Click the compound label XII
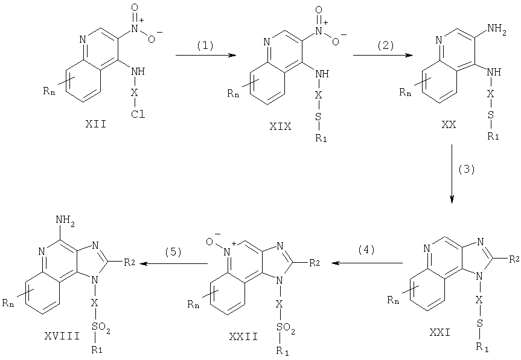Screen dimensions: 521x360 point(96,124)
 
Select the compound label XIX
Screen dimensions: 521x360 point(281,126)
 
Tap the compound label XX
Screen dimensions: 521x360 point(449,124)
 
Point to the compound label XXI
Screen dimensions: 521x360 point(439,332)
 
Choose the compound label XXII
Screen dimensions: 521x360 point(243,336)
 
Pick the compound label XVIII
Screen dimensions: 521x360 point(62,336)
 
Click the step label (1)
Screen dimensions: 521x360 point(205,45)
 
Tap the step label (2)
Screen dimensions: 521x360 point(386,45)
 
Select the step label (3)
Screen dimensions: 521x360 point(467,170)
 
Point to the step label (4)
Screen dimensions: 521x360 point(366,249)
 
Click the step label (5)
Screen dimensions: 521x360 point(173,252)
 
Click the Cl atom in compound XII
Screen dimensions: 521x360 point(138,115)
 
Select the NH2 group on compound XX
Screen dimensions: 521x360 point(496,28)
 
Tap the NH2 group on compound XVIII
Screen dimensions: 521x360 point(65,220)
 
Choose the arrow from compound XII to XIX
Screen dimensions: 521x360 point(206,55)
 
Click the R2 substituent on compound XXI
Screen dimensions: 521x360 point(514,259)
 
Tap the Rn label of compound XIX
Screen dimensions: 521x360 point(233,94)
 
